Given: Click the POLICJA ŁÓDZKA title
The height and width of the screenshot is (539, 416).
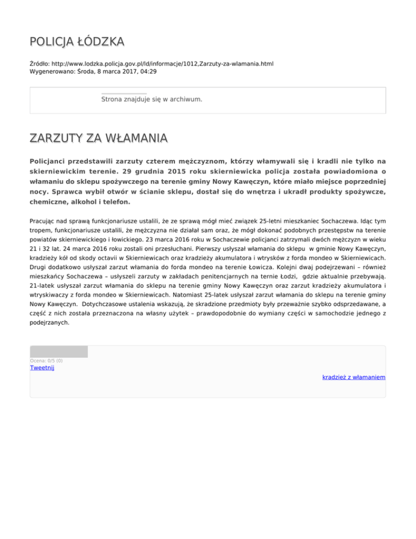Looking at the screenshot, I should pyautogui.click(x=77, y=42).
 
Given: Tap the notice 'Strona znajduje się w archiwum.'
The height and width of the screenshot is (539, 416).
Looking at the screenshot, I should pyautogui.click(x=152, y=100).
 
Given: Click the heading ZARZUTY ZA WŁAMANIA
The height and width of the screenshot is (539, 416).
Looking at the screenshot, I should pyautogui.click(x=99, y=139).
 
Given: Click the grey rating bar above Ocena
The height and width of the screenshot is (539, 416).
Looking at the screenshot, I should pyautogui.click(x=58, y=352).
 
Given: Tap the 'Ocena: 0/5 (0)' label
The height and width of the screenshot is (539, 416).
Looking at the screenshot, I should pyautogui.click(x=46, y=361).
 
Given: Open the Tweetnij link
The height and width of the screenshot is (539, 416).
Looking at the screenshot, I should pyautogui.click(x=42, y=368).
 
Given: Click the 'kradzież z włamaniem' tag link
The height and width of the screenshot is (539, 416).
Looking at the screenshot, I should pyautogui.click(x=353, y=377).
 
